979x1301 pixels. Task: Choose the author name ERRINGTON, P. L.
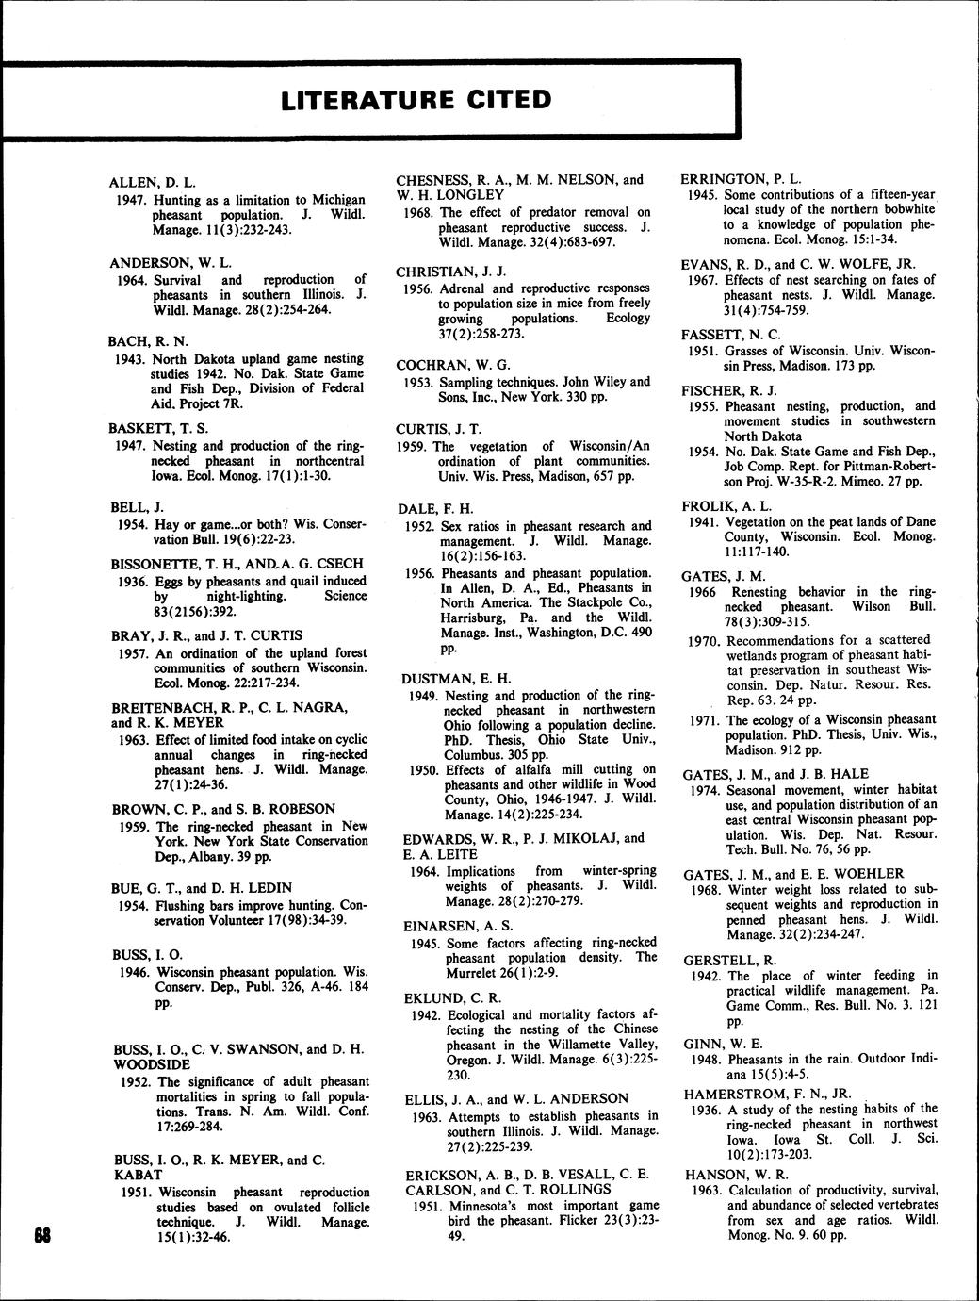(x=741, y=178)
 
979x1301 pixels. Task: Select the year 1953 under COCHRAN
(x=416, y=382)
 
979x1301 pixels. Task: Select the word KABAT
(x=137, y=1175)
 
